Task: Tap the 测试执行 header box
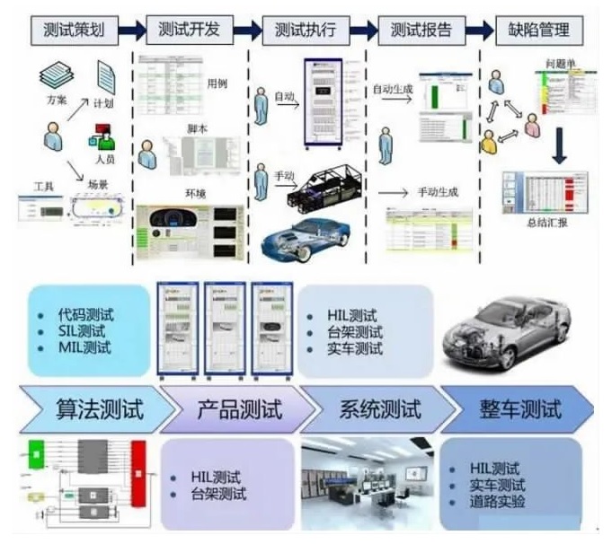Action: click(305, 30)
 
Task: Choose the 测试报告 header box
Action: click(420, 30)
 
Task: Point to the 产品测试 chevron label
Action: click(239, 410)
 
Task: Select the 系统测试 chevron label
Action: click(379, 410)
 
